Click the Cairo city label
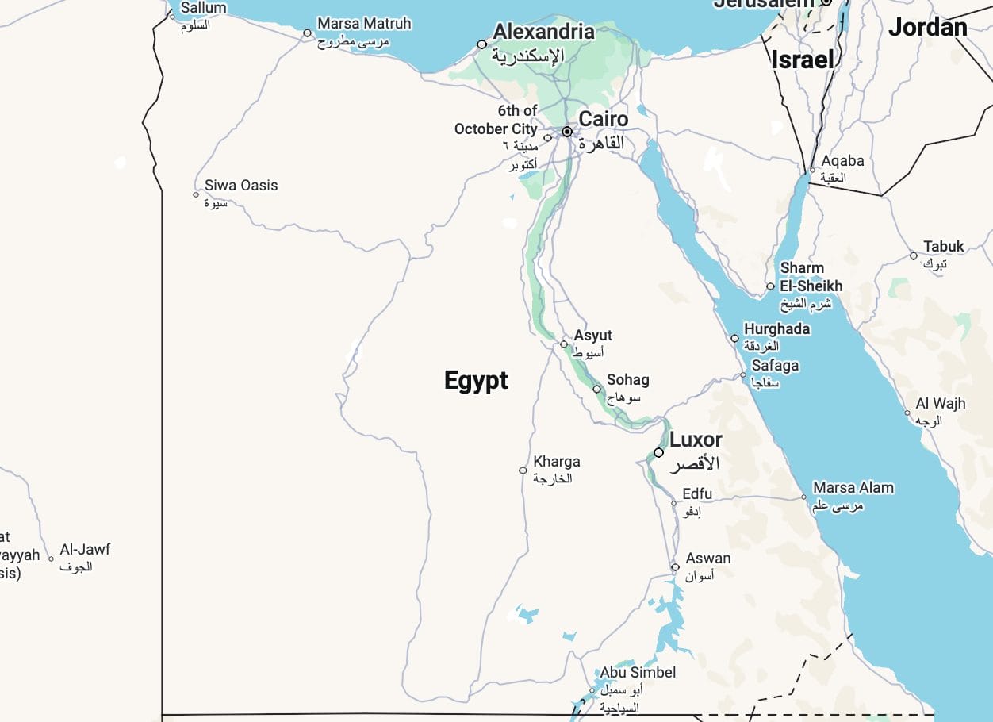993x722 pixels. point(603,120)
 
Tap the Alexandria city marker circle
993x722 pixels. point(481,44)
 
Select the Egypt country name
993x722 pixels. point(476,380)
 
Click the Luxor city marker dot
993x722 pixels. point(658,452)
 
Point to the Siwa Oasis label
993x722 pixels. point(241,185)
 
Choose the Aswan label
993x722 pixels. point(707,558)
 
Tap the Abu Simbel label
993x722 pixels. point(638,672)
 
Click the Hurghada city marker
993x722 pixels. point(734,338)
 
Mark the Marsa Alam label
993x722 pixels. point(853,487)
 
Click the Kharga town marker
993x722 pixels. point(523,470)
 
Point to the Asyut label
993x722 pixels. point(592,336)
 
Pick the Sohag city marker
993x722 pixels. point(596,389)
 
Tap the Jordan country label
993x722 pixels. point(927,28)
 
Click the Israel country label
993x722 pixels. point(803,60)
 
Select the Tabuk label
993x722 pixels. point(943,246)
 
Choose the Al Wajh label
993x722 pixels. point(940,403)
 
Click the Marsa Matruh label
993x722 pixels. point(364,24)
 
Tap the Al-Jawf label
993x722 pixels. point(85,549)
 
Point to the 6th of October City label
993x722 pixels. point(496,120)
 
